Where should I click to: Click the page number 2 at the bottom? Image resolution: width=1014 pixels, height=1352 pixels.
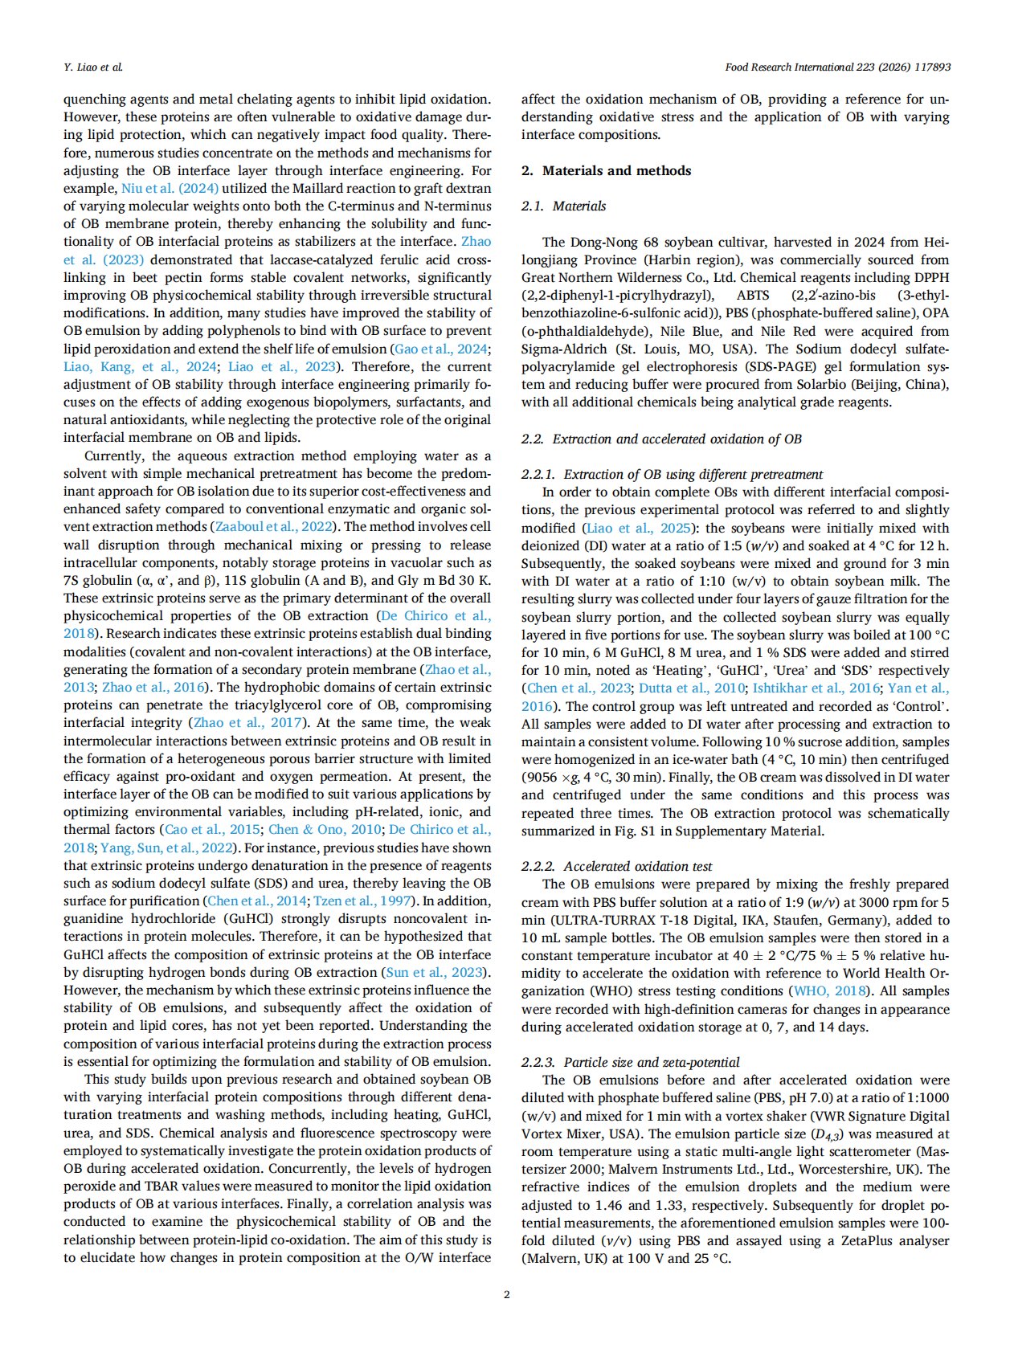(x=506, y=1293)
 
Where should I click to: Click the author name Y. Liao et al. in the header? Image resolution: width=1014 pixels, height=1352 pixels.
(x=93, y=67)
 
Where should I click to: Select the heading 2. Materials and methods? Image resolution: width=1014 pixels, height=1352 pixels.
(x=606, y=170)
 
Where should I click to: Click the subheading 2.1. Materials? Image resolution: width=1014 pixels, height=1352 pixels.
(x=563, y=206)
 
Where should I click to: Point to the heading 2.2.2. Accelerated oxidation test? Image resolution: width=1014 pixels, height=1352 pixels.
(x=616, y=866)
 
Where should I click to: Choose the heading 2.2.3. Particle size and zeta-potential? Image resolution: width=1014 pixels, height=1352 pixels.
(x=630, y=1062)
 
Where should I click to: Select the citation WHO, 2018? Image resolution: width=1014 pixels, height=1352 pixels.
(x=824, y=991)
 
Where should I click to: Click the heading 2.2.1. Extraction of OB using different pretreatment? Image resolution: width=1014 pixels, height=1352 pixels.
(x=672, y=474)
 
